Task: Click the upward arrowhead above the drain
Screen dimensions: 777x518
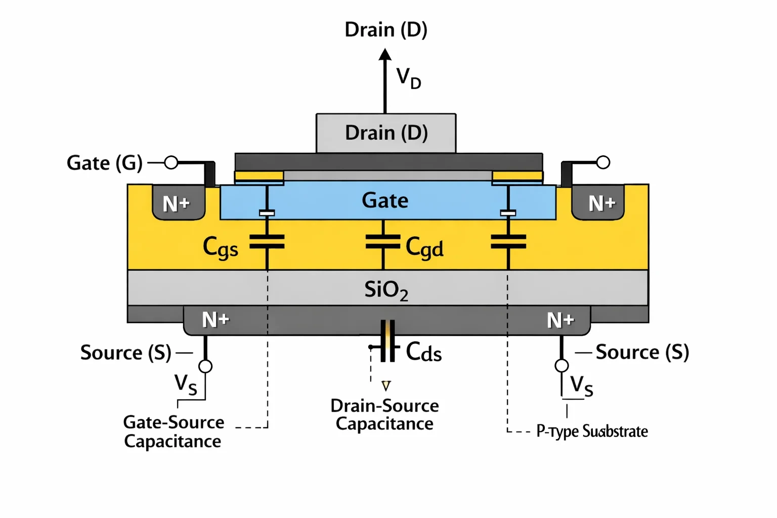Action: [x=385, y=55]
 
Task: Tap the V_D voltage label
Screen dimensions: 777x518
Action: [x=409, y=78]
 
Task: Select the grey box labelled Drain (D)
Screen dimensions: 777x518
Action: [x=386, y=133]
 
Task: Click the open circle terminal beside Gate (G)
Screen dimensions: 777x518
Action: [x=171, y=162]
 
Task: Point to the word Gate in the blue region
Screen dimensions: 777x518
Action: [x=385, y=200]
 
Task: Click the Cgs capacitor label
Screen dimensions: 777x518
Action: [x=220, y=248]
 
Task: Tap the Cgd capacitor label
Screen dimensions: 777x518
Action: [x=424, y=247]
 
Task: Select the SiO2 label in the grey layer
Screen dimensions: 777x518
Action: [x=386, y=290]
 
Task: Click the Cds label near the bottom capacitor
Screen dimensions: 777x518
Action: [x=424, y=352]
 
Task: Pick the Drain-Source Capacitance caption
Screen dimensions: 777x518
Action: [x=384, y=415]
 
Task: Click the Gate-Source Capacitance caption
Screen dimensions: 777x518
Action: [x=174, y=432]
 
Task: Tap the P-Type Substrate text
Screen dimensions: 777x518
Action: [x=592, y=432]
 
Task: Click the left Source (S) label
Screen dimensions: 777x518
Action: [x=126, y=353]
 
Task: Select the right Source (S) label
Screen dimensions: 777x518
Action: [x=642, y=353]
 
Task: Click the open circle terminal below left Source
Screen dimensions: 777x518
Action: [x=205, y=366]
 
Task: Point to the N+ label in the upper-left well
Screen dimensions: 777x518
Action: [x=176, y=204]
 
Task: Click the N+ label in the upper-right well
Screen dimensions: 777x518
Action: [x=602, y=203]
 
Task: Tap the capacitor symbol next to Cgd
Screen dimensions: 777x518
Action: [x=383, y=241]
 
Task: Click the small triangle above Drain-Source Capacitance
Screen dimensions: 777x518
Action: [x=386, y=385]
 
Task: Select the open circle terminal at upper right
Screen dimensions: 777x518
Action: [x=603, y=162]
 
